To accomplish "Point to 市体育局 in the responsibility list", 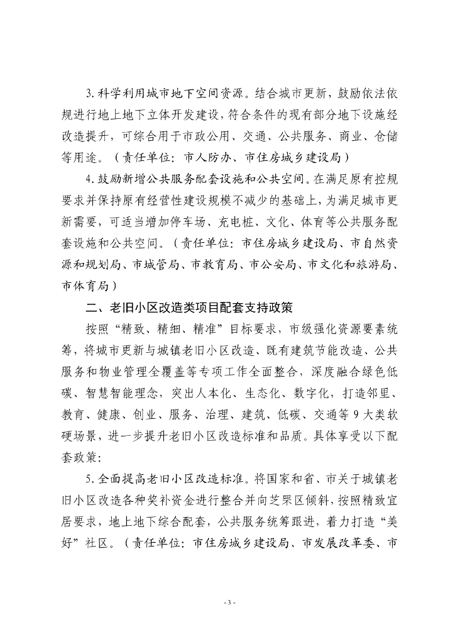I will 84,287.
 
